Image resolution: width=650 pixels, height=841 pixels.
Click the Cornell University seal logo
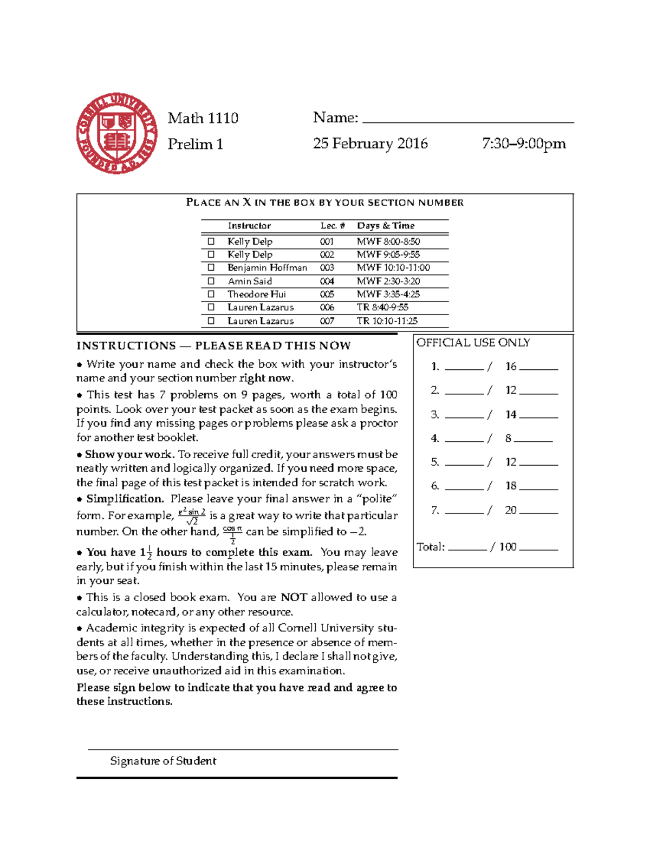[117, 133]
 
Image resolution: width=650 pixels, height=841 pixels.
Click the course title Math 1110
[203, 118]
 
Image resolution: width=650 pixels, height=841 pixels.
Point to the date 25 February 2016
[370, 144]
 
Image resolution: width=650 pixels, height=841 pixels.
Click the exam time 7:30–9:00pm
[524, 144]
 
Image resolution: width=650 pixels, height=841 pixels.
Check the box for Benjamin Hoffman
[211, 268]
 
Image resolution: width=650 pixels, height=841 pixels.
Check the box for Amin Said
[211, 281]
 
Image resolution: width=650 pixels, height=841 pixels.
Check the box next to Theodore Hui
[211, 294]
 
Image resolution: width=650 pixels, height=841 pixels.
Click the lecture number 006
[327, 308]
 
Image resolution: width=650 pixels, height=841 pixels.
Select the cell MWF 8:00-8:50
[388, 242]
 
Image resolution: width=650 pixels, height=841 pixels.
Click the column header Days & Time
[386, 226]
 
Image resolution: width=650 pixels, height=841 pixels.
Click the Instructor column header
[249, 226]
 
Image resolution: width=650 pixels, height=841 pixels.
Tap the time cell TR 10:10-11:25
[387, 321]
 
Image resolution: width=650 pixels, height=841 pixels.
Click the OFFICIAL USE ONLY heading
[473, 343]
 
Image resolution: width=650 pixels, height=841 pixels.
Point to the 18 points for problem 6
[511, 486]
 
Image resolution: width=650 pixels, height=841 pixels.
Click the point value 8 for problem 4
[508, 438]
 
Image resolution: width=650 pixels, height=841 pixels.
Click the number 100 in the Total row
[508, 547]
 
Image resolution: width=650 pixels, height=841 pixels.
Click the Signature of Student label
[163, 761]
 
